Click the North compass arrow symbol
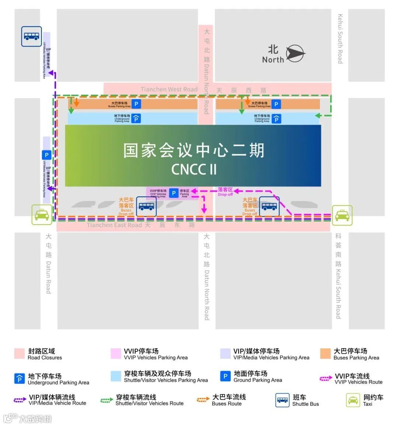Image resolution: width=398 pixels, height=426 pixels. pos(296,54)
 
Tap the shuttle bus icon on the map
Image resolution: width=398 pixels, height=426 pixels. pos(31,36)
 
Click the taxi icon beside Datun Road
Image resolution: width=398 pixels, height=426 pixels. pos(42,215)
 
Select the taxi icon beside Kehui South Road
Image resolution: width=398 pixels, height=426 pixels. pos(342,215)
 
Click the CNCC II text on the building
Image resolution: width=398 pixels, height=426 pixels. pos(194,169)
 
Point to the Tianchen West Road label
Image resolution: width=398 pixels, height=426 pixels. pos(169,89)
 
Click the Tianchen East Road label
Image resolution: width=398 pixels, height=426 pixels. pos(114,225)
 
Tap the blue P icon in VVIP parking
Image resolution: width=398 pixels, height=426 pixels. pos(174,193)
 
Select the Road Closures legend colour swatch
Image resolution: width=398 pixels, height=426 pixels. pos(20,353)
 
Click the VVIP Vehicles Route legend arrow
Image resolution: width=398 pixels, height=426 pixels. pos(326,379)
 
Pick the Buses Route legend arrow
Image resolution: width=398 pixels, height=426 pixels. pos(203,399)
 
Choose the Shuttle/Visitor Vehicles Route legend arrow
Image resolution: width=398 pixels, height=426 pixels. pos(107,400)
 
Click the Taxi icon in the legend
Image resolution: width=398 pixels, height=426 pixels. pos(353,400)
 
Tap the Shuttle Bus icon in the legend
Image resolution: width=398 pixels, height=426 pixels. pos(283,400)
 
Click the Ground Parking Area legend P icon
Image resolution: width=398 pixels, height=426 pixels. pos(225,376)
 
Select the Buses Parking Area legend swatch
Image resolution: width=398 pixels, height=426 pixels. pos(325,353)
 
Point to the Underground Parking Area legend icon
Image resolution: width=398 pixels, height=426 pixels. pos(20,379)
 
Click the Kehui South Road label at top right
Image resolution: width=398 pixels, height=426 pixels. pos(340,39)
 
